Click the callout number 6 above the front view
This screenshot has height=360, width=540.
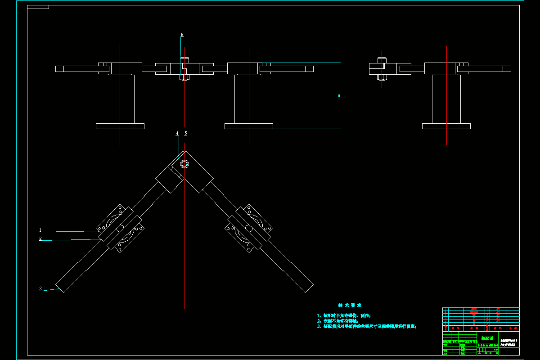pyautogui.click(x=182, y=35)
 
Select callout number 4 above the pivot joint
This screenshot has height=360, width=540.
pyautogui.click(x=177, y=133)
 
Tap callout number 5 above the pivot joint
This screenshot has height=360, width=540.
pyautogui.click(x=185, y=133)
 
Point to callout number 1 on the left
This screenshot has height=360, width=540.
pyautogui.click(x=40, y=230)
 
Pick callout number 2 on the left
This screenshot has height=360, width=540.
pyautogui.click(x=40, y=238)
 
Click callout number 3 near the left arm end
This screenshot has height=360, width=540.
pyautogui.click(x=40, y=289)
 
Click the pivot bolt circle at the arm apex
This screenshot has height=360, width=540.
pyautogui.click(x=184, y=164)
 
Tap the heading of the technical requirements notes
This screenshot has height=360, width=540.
pyautogui.click(x=350, y=306)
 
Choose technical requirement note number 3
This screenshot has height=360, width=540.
pyautogui.click(x=367, y=326)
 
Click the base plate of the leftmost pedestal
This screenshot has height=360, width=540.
pyautogui.click(x=120, y=126)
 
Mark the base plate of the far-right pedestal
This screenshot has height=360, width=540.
pyautogui.click(x=446, y=126)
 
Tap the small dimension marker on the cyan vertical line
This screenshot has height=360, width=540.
pyautogui.click(x=339, y=95)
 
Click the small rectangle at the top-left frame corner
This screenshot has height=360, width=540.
pyautogui.click(x=38, y=7)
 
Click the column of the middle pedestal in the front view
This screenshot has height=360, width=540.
pyautogui.click(x=249, y=99)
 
